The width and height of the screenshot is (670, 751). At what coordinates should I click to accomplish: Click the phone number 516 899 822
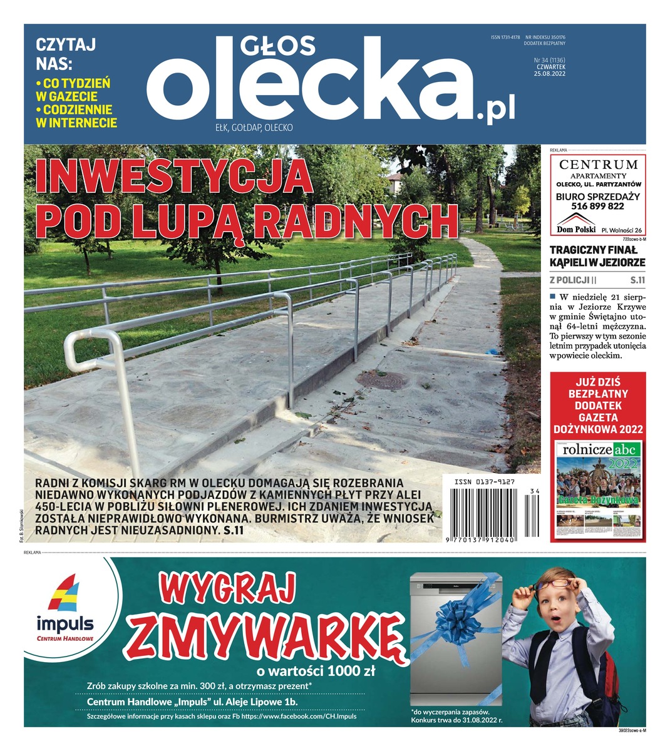598,206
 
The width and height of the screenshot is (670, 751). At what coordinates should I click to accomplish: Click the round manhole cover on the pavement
377,379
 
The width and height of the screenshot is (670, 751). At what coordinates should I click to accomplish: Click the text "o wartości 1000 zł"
316,672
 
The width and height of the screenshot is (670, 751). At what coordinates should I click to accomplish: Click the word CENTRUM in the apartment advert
598,165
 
